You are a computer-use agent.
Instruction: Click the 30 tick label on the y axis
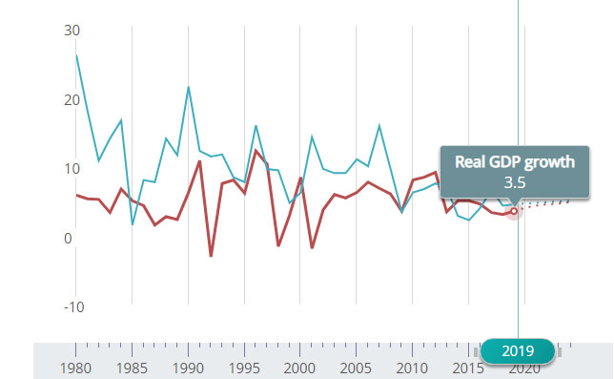pyautogui.click(x=72, y=31)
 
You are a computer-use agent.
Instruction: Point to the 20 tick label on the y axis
pyautogui.click(x=72, y=100)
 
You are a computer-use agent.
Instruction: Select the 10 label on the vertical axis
pyautogui.click(x=72, y=169)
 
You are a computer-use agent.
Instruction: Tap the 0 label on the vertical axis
pyautogui.click(x=68, y=239)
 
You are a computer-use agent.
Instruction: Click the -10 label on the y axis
pyautogui.click(x=74, y=306)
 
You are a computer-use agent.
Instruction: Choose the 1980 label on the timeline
pyautogui.click(x=75, y=368)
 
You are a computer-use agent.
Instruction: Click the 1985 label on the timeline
pyautogui.click(x=132, y=368)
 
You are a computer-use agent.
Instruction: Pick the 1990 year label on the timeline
pyautogui.click(x=189, y=368)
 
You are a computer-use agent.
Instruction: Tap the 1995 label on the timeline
pyautogui.click(x=244, y=368)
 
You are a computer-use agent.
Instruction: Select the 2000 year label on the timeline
pyautogui.click(x=300, y=368)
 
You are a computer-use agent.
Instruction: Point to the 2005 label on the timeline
pyautogui.click(x=356, y=368)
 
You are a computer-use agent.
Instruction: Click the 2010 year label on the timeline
pyautogui.click(x=412, y=368)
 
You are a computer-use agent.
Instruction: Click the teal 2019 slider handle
pyautogui.click(x=518, y=351)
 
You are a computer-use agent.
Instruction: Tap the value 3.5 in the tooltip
pyautogui.click(x=515, y=182)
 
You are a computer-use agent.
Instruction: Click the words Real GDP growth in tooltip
pyautogui.click(x=515, y=162)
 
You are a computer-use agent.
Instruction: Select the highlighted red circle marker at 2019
pyautogui.click(x=514, y=211)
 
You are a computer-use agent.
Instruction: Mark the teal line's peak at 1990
pyautogui.click(x=189, y=87)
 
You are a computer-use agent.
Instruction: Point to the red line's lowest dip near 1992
pyautogui.click(x=211, y=256)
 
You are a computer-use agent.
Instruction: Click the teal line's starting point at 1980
pyautogui.click(x=76, y=55)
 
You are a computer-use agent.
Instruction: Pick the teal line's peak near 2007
pyautogui.click(x=379, y=125)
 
